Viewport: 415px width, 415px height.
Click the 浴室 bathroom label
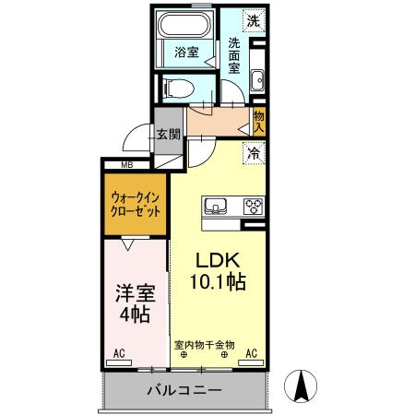pos(186,53)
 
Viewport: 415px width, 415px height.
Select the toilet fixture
pos(178,88)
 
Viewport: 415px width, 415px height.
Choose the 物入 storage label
pos(259,122)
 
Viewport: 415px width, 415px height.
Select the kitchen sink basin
pos(216,206)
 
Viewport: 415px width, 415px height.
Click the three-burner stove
pos(253,206)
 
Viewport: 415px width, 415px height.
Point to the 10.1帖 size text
pos(218,282)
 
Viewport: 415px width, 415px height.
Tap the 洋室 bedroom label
pos(135,294)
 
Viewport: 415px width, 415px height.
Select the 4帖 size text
pos(135,317)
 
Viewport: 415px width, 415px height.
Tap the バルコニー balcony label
pos(184,391)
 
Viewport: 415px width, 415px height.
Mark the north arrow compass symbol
pos(302,385)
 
